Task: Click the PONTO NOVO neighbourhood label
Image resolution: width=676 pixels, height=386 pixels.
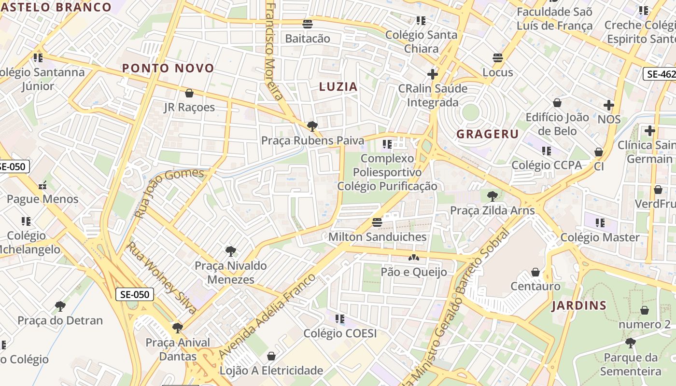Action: (168, 68)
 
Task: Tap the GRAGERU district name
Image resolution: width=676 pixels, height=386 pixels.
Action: (488, 134)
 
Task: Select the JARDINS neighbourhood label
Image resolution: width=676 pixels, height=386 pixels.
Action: (579, 305)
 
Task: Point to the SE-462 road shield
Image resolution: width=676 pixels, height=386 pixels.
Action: (660, 74)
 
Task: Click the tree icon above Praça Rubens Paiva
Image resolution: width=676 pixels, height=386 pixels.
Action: (312, 126)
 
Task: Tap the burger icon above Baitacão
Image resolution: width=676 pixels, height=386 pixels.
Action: (308, 24)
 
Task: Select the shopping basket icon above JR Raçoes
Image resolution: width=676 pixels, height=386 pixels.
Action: (189, 93)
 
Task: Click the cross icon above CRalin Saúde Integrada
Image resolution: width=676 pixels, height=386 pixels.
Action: (433, 74)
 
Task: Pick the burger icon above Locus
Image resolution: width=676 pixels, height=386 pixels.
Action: (498, 58)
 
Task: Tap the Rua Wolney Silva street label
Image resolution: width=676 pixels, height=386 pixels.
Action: (161, 277)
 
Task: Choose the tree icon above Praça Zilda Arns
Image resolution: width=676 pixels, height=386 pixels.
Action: (493, 196)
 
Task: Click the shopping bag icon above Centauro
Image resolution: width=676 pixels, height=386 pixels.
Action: (535, 272)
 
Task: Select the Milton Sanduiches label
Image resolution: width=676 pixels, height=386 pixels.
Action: (377, 237)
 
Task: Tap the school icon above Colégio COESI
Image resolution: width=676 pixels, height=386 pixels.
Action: (340, 319)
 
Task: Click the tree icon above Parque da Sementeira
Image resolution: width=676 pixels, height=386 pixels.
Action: (630, 343)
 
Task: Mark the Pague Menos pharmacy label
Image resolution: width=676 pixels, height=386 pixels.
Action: (42, 199)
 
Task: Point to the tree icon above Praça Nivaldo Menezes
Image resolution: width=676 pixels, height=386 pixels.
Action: (231, 251)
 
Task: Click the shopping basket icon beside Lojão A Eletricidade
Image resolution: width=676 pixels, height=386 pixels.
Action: (271, 356)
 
